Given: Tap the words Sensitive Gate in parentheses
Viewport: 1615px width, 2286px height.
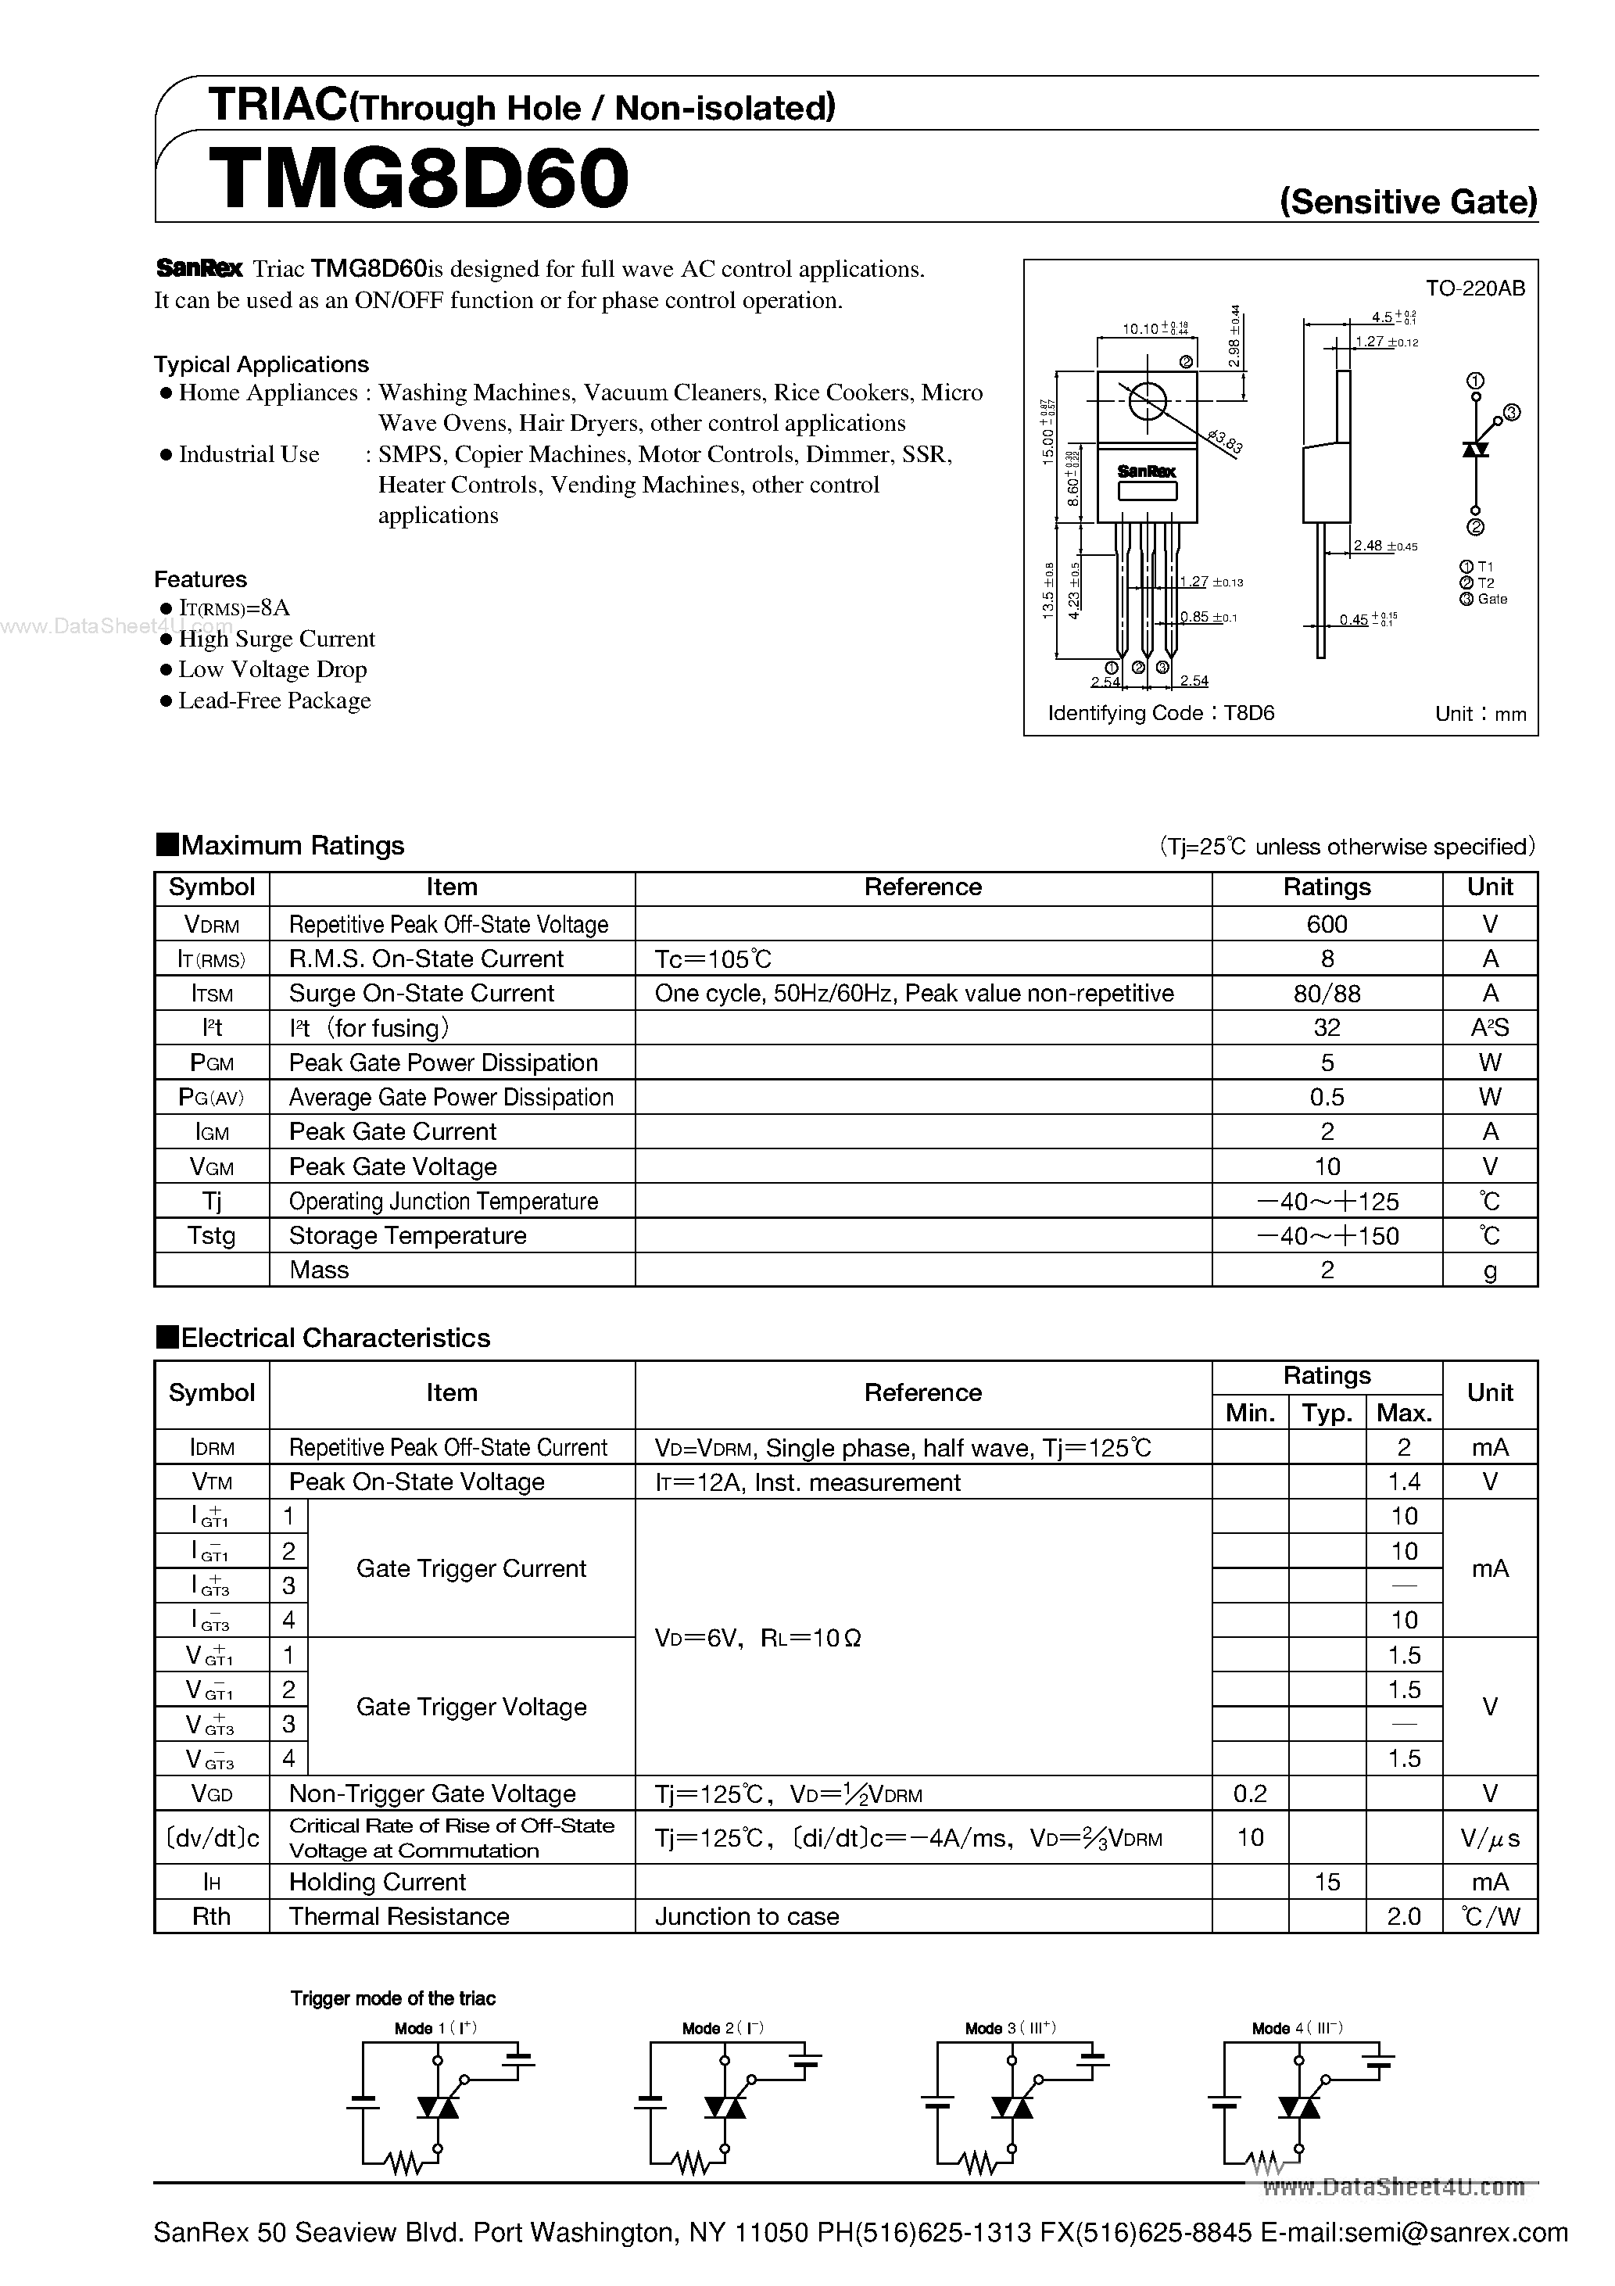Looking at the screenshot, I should tap(1408, 202).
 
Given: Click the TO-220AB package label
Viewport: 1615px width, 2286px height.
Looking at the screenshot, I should tap(1474, 288).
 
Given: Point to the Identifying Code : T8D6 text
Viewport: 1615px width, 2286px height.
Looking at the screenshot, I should tap(1161, 713).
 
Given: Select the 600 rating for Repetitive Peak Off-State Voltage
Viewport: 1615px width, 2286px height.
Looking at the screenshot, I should tap(1327, 924).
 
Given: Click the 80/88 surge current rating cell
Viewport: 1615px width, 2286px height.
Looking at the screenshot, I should tap(1327, 994).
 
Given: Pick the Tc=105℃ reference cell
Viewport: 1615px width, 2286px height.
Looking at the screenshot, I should tap(713, 958).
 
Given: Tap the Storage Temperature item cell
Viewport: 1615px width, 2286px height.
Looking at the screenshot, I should tap(407, 1235).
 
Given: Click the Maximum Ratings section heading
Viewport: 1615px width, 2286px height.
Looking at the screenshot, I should tap(292, 845).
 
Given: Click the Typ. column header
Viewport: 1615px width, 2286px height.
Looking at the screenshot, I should tap(1327, 1413).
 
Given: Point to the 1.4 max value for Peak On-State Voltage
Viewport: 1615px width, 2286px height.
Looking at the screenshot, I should tap(1404, 1482).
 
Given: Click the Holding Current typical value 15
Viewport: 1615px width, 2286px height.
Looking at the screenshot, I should tap(1327, 1882).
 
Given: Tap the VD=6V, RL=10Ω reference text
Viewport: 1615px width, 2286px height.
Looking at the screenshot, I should tap(757, 1638).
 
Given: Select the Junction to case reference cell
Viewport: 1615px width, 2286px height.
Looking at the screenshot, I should tap(747, 1917).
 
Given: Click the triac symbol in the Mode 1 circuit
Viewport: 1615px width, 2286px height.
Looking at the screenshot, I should tap(437, 2108).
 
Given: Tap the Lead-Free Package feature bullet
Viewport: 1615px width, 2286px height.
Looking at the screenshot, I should tap(274, 701).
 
